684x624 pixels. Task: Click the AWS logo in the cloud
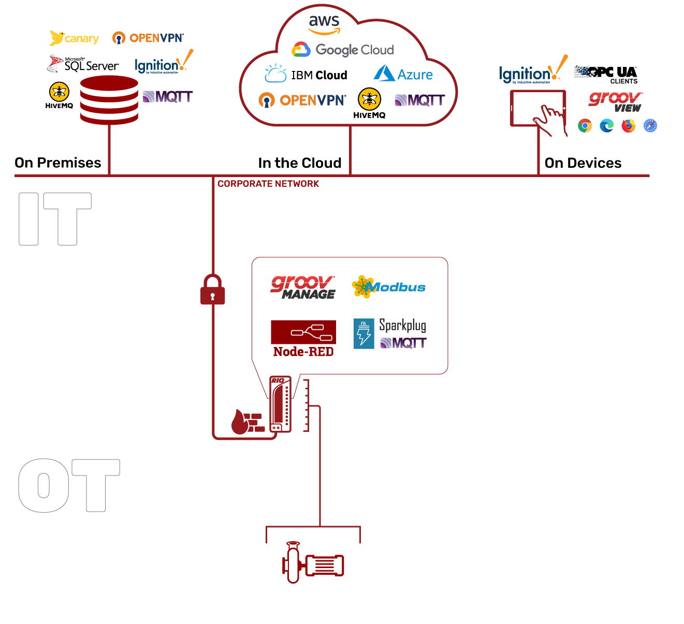point(324,24)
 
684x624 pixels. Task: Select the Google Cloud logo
point(343,50)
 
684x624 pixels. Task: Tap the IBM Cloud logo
point(306,75)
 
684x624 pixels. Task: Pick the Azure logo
point(403,74)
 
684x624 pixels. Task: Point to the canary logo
point(75,38)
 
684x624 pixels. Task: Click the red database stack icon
point(109,100)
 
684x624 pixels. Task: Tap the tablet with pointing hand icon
point(539,112)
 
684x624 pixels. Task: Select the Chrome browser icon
point(585,126)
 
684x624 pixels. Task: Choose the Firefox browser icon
point(629,126)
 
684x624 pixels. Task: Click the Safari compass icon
point(650,126)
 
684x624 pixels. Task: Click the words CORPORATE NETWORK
point(268,184)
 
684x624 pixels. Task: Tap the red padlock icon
point(213,289)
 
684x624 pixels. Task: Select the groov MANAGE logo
point(303,287)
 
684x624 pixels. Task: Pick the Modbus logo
point(388,287)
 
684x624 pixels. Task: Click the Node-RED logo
point(303,339)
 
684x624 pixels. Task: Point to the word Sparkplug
point(402,325)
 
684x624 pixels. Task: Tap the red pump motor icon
point(313,563)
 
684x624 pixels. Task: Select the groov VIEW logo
point(616,101)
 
